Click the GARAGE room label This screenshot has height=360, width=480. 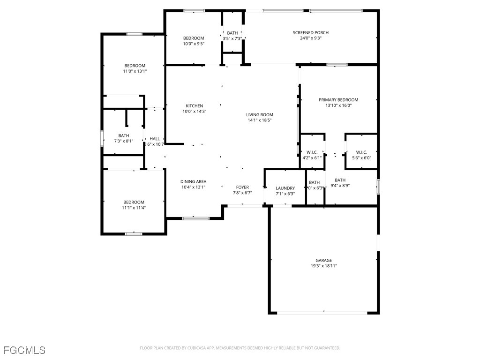click(x=323, y=260)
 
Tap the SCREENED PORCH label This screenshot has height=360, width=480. click(x=310, y=32)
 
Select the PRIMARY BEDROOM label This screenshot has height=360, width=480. click(x=338, y=100)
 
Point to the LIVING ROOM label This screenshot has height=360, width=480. click(x=260, y=115)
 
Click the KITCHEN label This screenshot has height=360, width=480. click(x=194, y=106)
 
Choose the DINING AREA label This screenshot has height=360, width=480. click(x=193, y=181)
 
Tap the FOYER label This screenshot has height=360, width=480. click(x=242, y=187)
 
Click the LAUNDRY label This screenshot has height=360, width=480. click(x=285, y=188)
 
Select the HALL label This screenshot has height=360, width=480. click(x=155, y=139)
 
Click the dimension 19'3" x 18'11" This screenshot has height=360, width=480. click(x=323, y=266)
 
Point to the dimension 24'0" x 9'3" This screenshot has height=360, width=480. click(x=310, y=38)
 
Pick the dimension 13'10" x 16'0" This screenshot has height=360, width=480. click(x=338, y=105)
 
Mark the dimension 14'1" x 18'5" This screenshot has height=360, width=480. click(x=260, y=120)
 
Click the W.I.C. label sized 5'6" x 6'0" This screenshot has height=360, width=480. click(x=361, y=152)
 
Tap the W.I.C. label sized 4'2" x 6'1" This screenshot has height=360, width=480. click(x=312, y=152)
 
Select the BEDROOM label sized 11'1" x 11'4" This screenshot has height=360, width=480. click(x=134, y=202)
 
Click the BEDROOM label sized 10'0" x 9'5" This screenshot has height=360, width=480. click(x=194, y=38)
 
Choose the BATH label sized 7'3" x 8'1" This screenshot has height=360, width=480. click(x=124, y=135)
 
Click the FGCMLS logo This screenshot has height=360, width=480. click(x=24, y=350)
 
